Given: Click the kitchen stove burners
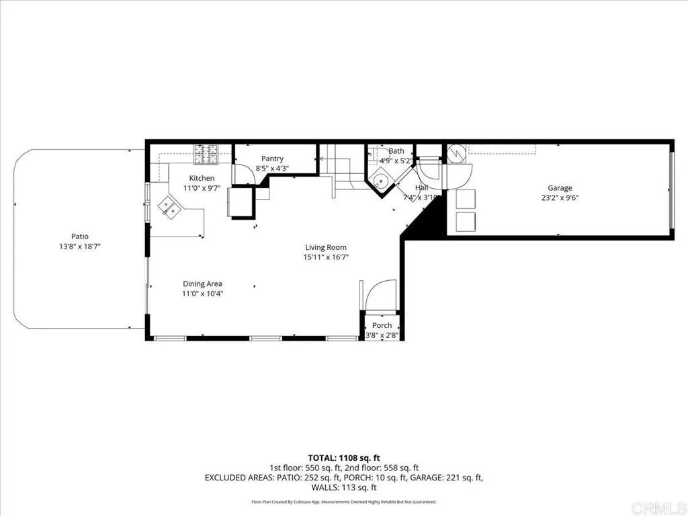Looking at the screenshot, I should tap(206, 155).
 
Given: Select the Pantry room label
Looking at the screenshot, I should tap(272, 159).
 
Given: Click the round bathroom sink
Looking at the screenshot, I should tap(381, 180).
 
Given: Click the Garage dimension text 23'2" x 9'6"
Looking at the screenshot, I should tap(559, 198).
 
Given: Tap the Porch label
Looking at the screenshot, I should tap(382, 325).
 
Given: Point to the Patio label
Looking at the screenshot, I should tap(80, 236).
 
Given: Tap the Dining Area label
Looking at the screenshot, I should tap(202, 284).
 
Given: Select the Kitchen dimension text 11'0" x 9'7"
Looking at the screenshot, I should tap(202, 188).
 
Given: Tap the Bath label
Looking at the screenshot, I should tap(396, 151).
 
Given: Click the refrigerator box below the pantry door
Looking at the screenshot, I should tap(241, 202).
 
